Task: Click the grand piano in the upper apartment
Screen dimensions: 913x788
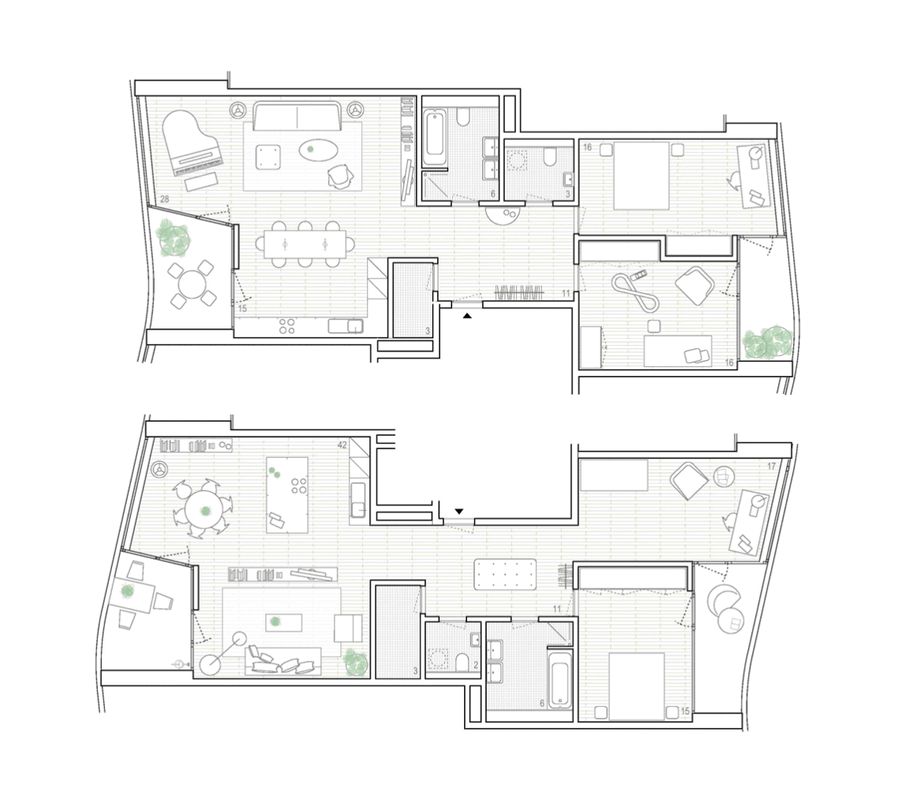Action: pos(191,143)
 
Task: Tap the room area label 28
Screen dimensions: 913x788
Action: pos(164,199)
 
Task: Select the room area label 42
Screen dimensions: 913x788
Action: pos(342,445)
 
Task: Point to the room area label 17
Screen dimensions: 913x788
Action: pos(772,467)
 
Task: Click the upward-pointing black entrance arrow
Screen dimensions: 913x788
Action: pos(467,316)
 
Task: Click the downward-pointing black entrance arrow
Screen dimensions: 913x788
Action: pos(458,512)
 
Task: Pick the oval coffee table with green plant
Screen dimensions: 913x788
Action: pos(318,150)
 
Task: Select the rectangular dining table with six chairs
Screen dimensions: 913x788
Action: pos(305,244)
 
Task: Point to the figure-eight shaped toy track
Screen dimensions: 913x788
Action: pos(635,293)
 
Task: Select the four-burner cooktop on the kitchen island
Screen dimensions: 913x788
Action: pos(299,486)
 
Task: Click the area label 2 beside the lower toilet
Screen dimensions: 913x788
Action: pos(476,665)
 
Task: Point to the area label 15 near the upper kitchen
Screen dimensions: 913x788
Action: pos(242,309)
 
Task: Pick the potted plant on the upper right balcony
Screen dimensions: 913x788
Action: pos(768,342)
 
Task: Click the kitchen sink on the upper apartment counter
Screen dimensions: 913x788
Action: pos(346,326)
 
